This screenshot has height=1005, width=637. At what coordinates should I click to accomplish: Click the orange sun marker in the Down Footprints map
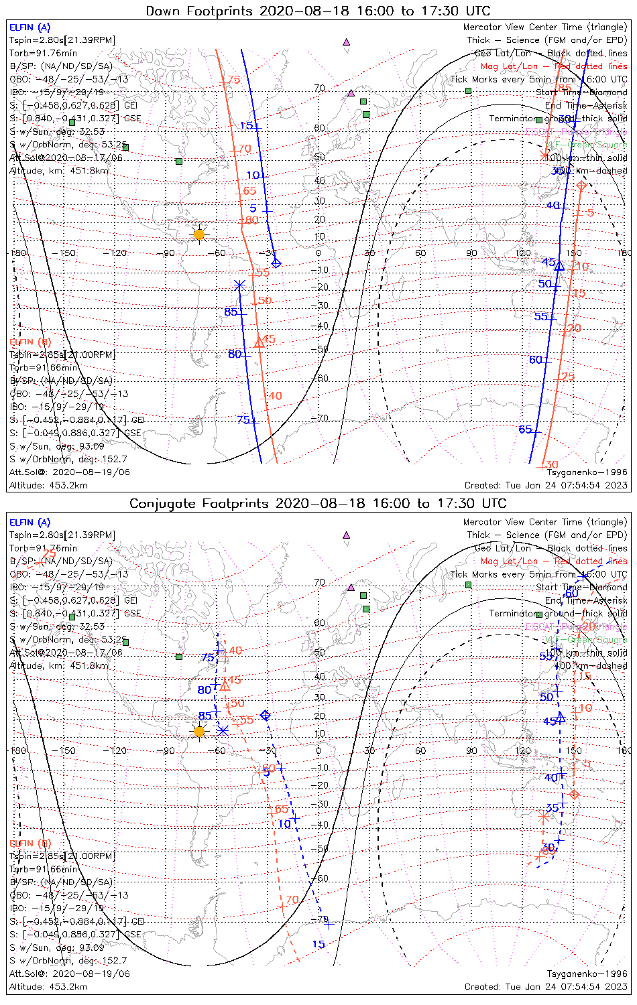tap(199, 234)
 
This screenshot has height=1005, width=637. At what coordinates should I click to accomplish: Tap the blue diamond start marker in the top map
tap(276, 263)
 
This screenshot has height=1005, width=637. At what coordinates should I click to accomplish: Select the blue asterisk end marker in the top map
tap(239, 285)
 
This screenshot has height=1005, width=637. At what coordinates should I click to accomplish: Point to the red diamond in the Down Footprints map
tap(581, 185)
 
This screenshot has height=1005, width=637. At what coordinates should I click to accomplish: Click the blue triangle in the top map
tap(559, 265)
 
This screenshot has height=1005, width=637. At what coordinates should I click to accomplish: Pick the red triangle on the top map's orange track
tap(259, 343)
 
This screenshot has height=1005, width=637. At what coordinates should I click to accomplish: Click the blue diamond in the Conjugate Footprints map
tap(266, 716)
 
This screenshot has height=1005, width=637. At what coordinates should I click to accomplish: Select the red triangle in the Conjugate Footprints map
tap(225, 685)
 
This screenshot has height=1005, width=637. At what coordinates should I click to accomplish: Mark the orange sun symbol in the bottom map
tap(199, 731)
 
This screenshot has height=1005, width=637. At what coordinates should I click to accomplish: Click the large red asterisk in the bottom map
tap(544, 817)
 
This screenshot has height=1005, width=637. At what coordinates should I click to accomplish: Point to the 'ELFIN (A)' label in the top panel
tap(30, 27)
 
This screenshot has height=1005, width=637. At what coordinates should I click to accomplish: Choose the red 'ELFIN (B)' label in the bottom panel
tap(30, 843)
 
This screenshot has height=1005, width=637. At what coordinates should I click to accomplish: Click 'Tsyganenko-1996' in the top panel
tap(587, 472)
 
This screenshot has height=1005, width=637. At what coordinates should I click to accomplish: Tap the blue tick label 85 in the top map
tap(231, 312)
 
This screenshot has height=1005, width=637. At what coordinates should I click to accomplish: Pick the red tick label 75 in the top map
tap(233, 80)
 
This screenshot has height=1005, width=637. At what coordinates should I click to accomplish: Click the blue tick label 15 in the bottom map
tap(318, 945)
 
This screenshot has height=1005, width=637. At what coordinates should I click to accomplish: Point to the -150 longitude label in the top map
tap(67, 253)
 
